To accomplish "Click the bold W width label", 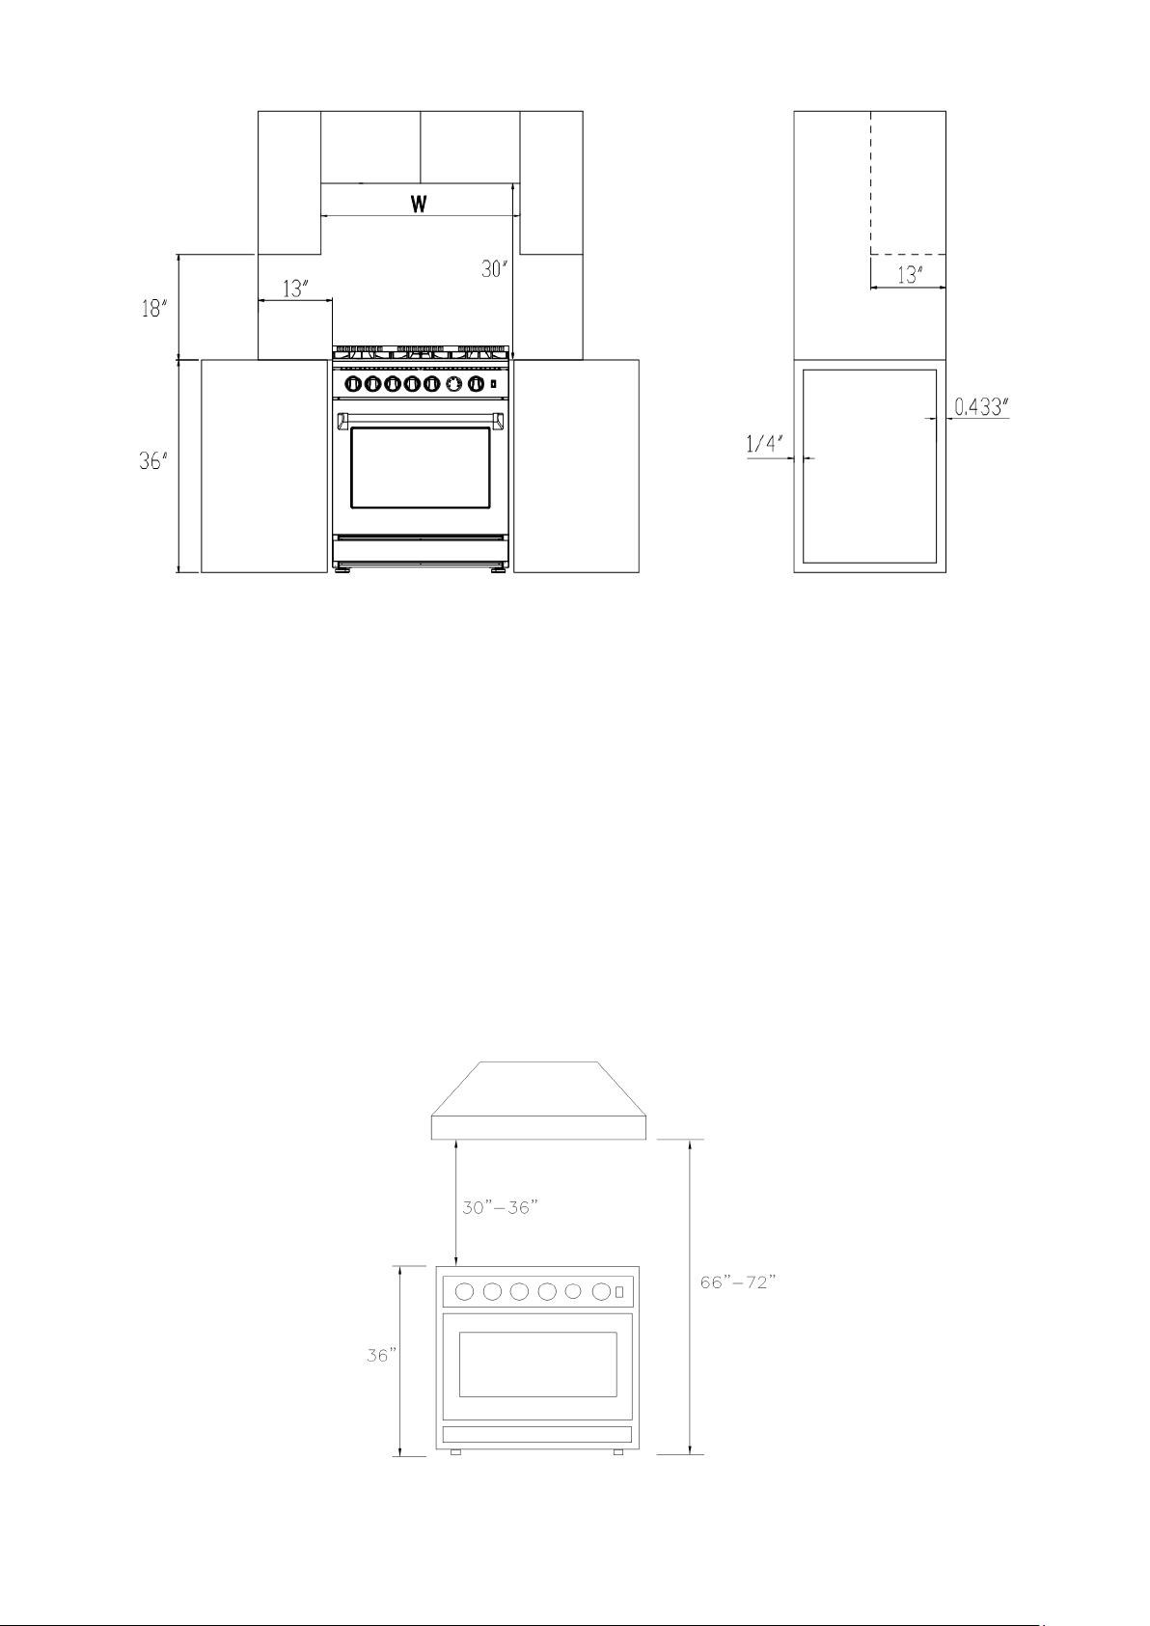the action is click(419, 204).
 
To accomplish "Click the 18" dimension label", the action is click(153, 309).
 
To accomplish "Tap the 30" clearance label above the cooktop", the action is click(494, 268).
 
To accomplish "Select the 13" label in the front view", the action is click(295, 289).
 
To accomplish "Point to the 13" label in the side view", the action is click(910, 275).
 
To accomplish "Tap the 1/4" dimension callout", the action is click(765, 443).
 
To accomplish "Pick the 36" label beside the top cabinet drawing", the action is click(153, 460).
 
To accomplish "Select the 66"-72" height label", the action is click(738, 1282).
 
